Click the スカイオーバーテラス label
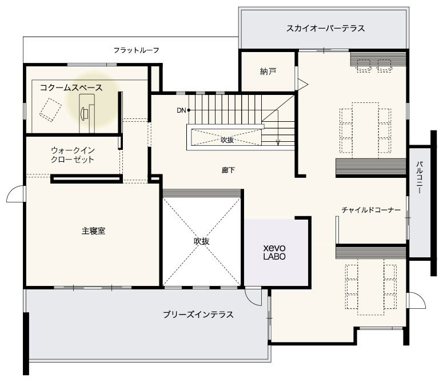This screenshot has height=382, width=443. [325, 28]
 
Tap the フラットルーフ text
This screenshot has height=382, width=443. [137, 50]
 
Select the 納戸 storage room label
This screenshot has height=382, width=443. [268, 71]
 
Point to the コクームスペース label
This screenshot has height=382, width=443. [71, 87]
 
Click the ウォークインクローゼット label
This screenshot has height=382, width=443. [73, 155]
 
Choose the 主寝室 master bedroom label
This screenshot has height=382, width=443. [94, 231]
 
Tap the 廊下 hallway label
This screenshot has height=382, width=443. [228, 170]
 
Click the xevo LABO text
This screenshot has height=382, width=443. [274, 252]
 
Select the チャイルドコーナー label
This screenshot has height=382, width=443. [371, 210]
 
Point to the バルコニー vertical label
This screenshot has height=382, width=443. [419, 177]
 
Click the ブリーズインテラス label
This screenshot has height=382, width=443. [198, 315]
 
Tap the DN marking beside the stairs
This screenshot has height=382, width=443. [181, 110]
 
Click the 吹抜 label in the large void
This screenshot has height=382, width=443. [201, 241]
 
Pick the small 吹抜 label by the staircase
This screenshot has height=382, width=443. [227, 140]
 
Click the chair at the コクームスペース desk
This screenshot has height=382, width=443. [84, 114]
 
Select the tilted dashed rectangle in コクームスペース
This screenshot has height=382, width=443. [50, 110]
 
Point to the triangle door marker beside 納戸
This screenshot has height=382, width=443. [302, 84]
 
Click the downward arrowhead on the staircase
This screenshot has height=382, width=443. [278, 143]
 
